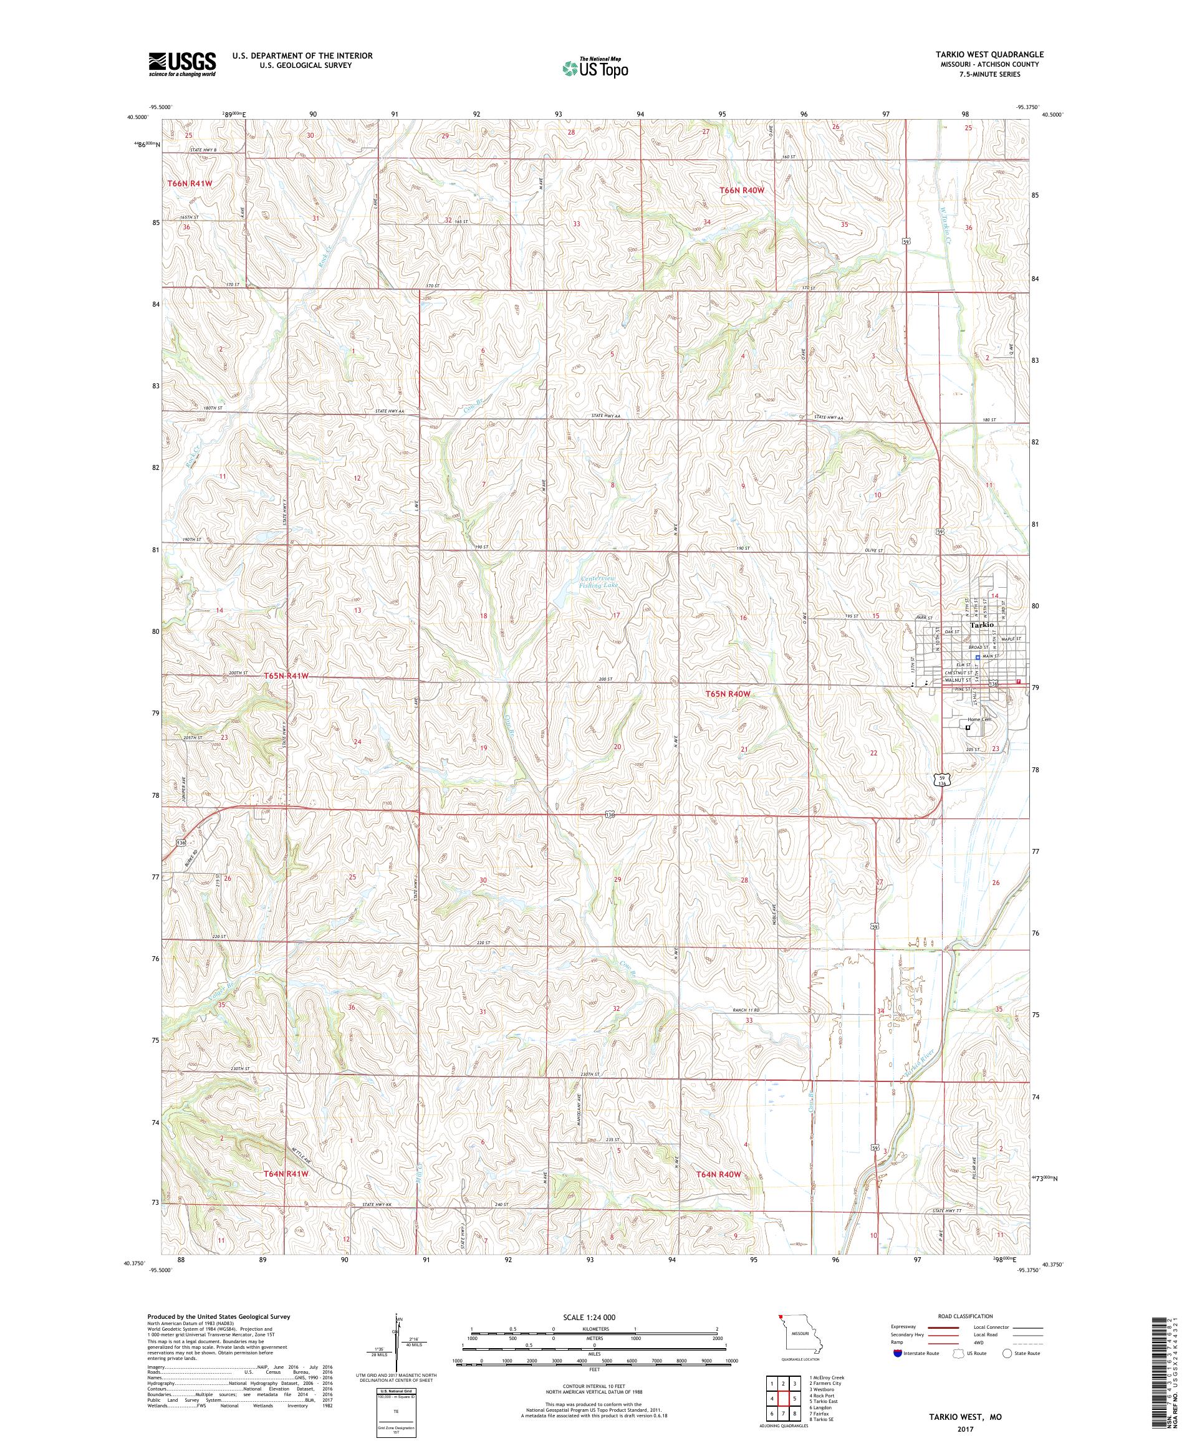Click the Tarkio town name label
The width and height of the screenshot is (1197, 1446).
981,625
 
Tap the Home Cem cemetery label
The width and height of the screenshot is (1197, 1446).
978,719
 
